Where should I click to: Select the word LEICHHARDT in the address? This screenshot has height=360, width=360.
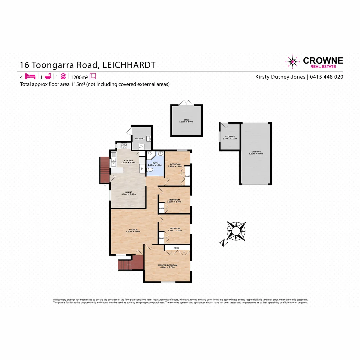(129, 65)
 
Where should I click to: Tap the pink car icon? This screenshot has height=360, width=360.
(63, 76)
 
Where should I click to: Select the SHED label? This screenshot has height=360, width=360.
(186, 120)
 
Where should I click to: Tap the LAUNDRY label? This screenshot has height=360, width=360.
(140, 138)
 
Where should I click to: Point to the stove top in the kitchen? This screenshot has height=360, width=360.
(124, 145)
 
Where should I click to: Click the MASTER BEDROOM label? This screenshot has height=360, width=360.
(168, 265)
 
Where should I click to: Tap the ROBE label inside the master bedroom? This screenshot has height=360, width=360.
(176, 248)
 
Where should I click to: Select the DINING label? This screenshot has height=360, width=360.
(129, 192)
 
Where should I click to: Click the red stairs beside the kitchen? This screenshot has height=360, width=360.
(104, 169)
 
